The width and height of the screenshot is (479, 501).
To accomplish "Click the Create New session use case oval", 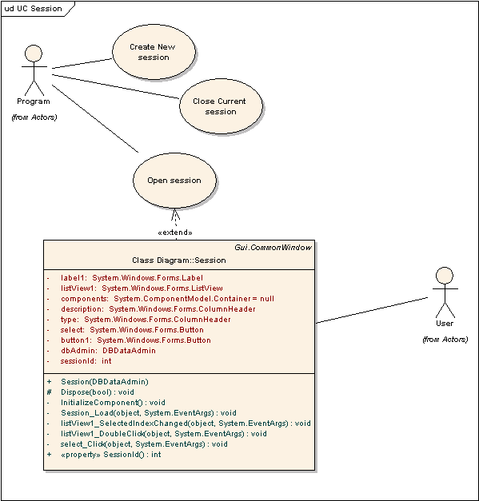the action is click(x=154, y=52).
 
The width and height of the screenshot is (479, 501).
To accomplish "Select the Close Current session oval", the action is click(x=221, y=106).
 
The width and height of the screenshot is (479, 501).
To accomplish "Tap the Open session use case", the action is click(x=174, y=181).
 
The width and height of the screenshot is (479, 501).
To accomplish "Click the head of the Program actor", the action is click(x=34, y=54).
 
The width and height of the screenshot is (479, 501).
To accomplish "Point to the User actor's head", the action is click(x=445, y=276).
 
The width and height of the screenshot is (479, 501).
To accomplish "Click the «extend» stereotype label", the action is click(x=175, y=233).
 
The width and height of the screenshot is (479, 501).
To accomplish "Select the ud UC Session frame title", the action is click(x=34, y=9).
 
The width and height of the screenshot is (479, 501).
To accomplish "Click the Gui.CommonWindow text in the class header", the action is click(x=273, y=248).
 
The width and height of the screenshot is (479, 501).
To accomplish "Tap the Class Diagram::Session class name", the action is click(x=179, y=260).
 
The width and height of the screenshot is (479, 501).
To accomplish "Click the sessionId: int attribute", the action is click(x=86, y=361).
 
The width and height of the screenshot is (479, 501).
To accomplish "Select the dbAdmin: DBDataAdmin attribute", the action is click(x=108, y=351).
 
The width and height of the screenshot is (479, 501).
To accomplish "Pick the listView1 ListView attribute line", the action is click(x=142, y=288).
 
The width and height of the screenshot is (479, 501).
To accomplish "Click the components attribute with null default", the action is click(x=168, y=299).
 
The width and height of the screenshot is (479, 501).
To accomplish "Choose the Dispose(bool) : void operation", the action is click(x=98, y=392).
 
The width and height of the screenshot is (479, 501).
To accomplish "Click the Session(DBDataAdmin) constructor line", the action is click(x=105, y=382).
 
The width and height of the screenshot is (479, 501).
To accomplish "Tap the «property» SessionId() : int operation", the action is click(x=110, y=455).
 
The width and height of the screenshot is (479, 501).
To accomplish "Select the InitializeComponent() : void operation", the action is click(x=113, y=403).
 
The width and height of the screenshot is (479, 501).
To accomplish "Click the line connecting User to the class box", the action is click(x=372, y=310).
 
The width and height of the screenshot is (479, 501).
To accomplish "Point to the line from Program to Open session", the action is click(x=95, y=118).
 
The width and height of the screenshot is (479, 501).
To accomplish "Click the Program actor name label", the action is click(x=34, y=101).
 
